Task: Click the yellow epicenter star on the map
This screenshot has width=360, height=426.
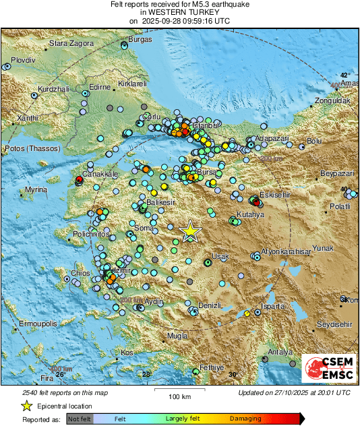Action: [x=191, y=231]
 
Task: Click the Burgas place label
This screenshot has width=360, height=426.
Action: [x=140, y=40]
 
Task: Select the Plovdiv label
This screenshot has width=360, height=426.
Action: [x=22, y=60]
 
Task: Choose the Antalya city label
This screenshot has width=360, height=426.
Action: [x=280, y=353]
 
